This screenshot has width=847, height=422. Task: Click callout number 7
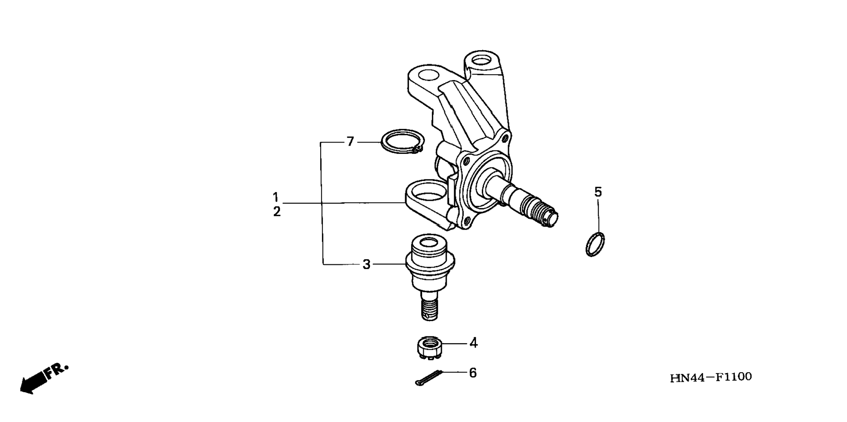coord(350,142)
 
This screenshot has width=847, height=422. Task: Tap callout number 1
coord(276,197)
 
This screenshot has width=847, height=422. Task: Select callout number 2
coord(277,212)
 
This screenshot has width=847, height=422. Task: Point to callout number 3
coord(367,265)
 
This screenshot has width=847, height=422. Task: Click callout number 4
coord(473,343)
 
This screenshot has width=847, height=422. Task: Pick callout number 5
coord(598,192)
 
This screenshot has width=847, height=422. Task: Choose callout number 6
coord(473,373)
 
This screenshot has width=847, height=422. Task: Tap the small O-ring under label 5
coord(595,244)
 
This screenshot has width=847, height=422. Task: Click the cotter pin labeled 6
coord(428,378)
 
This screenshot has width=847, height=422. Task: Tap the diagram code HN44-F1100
coord(710,377)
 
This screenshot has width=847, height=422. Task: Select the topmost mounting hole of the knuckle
coord(482,59)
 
